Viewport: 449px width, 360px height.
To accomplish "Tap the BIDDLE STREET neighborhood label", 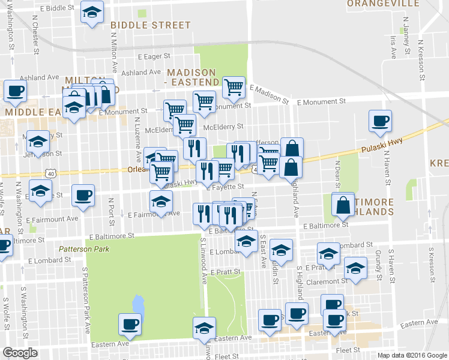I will (x=150, y=25).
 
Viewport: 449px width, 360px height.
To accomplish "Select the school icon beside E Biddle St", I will (x=92, y=12).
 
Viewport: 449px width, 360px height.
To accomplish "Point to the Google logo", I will (x=20, y=352).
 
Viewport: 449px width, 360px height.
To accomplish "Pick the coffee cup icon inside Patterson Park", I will (x=130, y=324).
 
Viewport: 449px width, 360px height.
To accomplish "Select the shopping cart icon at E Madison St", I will (x=234, y=87).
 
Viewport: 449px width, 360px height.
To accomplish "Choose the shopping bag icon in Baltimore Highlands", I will (x=343, y=203).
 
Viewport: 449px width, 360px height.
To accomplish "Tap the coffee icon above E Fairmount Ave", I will (x=83, y=194).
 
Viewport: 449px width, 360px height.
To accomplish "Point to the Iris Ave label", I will (x=394, y=47).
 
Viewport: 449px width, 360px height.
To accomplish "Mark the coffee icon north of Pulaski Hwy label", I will (x=379, y=121).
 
